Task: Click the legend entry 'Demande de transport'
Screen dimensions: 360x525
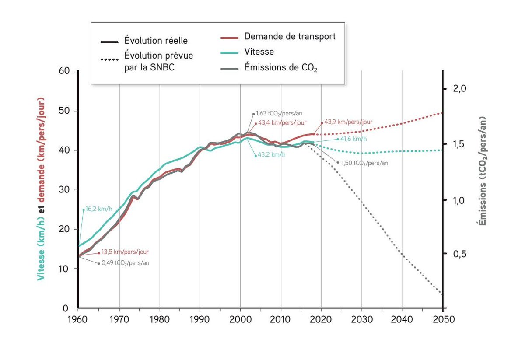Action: [290, 37]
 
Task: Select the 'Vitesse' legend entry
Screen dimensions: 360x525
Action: [259, 52]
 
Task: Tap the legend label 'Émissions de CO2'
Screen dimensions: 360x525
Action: [280, 68]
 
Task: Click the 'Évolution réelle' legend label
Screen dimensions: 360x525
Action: [156, 41]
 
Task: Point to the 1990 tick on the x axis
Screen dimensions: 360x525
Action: [200, 319]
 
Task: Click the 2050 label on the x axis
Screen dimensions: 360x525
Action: [443, 319]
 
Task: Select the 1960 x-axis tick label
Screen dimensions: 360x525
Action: [78, 319]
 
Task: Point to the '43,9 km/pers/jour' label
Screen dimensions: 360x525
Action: [348, 122]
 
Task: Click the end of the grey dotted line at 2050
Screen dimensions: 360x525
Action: [442, 294]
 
